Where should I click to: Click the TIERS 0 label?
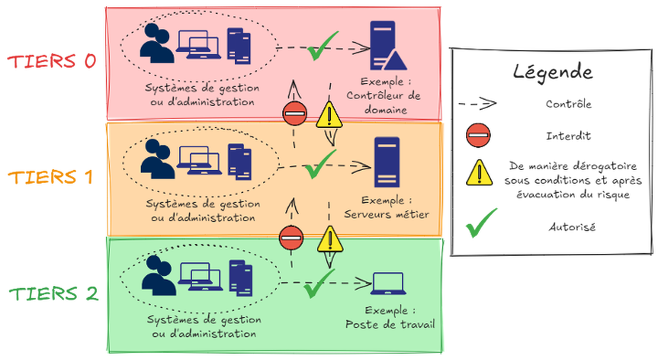(52, 62)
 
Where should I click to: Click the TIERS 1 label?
(52, 177)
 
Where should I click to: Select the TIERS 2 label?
(52, 293)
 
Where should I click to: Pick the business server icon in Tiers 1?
(387, 163)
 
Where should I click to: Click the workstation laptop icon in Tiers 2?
(387, 283)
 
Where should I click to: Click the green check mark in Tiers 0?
(322, 47)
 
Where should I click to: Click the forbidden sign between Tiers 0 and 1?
(295, 114)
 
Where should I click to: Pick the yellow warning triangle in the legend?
(476, 174)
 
